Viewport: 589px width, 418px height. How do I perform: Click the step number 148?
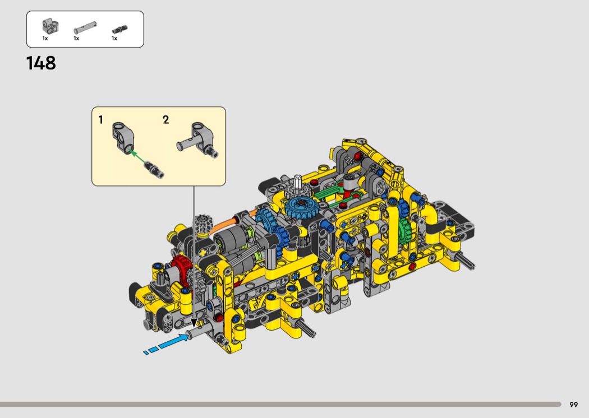[x=41, y=63]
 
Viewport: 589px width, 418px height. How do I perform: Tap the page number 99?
[x=573, y=405]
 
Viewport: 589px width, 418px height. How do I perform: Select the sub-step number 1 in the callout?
[x=100, y=120]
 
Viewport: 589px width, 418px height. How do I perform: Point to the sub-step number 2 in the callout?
[x=165, y=120]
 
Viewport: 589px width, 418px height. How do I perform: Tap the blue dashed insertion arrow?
[x=166, y=343]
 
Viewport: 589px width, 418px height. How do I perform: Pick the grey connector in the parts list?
[x=50, y=26]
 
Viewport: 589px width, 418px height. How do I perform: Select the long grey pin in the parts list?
[x=85, y=29]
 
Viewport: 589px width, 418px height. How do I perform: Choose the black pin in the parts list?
[x=120, y=29]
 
